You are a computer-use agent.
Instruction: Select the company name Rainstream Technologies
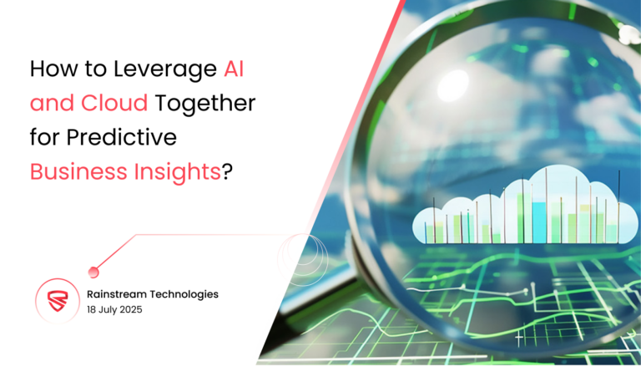click(x=153, y=294)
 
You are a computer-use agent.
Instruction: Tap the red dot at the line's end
click(x=93, y=271)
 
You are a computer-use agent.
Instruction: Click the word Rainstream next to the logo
click(x=117, y=294)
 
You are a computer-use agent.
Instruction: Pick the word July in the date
click(x=110, y=311)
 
